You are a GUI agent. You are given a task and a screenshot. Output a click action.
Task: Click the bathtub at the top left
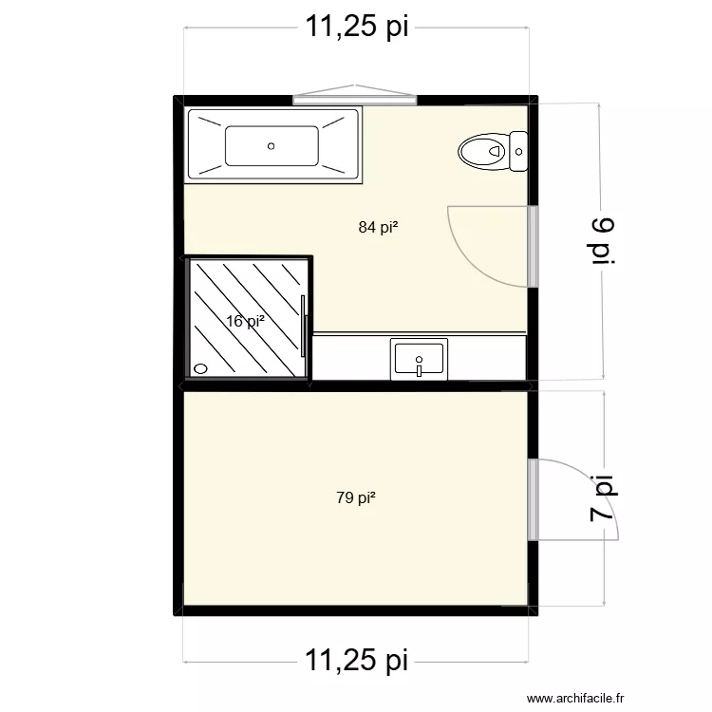coord(274,145)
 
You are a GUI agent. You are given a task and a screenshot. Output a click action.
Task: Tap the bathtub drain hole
coord(272,146)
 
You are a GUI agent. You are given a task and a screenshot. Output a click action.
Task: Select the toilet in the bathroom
coord(486,150)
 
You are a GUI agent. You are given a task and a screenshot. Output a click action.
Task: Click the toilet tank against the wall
coord(518,150)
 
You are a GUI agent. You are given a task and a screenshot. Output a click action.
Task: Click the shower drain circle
coord(200,368)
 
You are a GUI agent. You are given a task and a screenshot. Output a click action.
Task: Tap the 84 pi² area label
coord(378,227)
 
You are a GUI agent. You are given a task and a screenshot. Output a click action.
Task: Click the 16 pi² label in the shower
coord(245,322)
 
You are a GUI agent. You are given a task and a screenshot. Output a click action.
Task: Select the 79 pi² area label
coord(356,497)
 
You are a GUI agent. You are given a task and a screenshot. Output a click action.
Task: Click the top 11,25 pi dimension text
coord(356,27)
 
